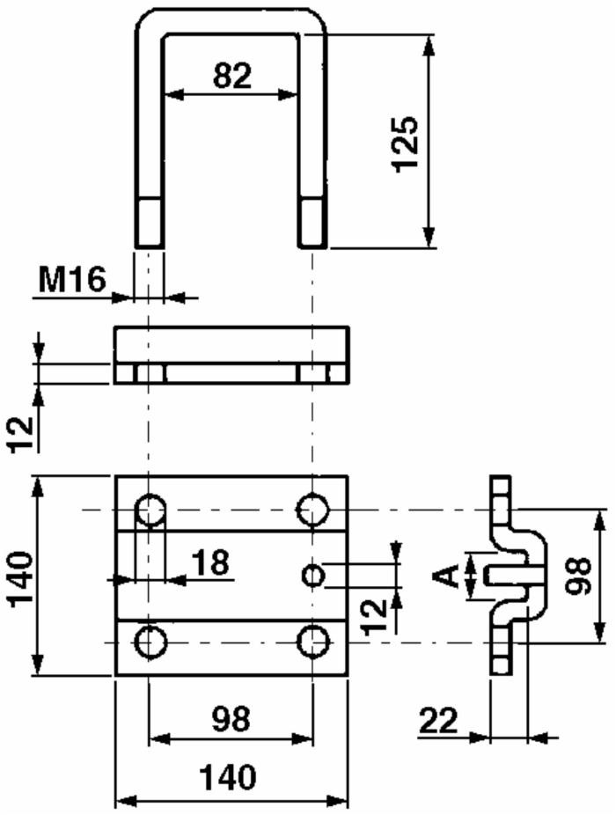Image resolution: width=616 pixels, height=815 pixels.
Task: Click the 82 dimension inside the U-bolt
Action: click(231, 77)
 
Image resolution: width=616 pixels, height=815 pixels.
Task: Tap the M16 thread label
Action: click(71, 280)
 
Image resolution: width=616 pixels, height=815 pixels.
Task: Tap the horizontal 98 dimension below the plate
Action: click(231, 719)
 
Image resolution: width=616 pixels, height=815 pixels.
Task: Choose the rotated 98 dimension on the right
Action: click(578, 576)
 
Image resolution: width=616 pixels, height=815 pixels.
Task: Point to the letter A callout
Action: click(448, 576)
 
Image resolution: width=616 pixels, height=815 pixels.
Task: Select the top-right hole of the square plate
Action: click(312, 510)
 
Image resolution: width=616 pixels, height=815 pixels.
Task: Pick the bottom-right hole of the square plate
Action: click(312, 642)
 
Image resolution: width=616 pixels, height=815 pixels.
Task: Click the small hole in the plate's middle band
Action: click(313, 576)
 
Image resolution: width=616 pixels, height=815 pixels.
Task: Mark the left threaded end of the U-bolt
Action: click(149, 223)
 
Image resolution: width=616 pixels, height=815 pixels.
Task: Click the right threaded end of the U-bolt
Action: click(312, 223)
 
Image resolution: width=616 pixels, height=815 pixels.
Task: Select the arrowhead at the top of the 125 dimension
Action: click(429, 45)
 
